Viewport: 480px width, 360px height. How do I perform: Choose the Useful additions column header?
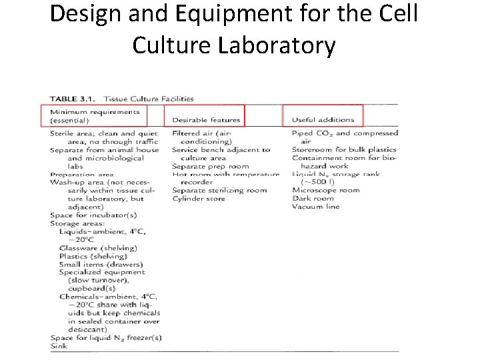(x=323, y=120)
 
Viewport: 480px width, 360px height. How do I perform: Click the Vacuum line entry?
(x=315, y=207)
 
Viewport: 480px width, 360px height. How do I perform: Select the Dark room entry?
(x=313, y=199)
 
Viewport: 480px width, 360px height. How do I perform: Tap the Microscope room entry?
(x=325, y=190)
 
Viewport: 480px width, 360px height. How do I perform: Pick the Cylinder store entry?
(x=199, y=199)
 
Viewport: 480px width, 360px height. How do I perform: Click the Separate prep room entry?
(x=210, y=166)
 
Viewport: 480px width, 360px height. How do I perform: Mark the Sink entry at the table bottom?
(x=58, y=345)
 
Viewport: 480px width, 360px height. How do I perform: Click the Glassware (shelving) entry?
(x=98, y=247)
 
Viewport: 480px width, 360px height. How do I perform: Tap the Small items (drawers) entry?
(x=101, y=264)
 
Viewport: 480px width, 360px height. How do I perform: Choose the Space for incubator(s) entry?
(x=93, y=215)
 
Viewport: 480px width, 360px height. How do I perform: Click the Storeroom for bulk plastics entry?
(x=344, y=149)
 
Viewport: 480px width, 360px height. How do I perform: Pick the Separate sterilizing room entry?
(x=219, y=190)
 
